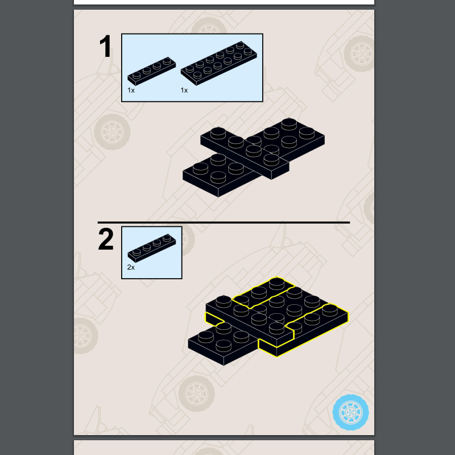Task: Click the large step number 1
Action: (105, 47)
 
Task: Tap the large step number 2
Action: (106, 239)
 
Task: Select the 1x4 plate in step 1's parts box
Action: (152, 71)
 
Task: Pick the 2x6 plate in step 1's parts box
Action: (219, 63)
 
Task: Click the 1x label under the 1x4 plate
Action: (131, 90)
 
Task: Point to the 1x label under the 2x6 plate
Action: (184, 90)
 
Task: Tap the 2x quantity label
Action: (131, 267)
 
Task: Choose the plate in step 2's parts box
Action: (152, 248)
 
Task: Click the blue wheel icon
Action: (350, 412)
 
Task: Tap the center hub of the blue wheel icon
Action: (350, 412)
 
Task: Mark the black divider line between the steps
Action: (224, 222)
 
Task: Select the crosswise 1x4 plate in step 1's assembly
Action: (245, 153)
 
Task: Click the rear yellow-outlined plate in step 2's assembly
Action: (263, 292)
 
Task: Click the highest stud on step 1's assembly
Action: (289, 124)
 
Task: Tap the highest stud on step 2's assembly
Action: (276, 283)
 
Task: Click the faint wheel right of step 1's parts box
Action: (360, 53)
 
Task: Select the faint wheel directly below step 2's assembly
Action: (196, 394)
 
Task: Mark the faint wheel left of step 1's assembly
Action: (112, 132)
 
